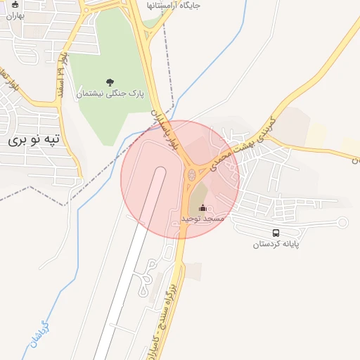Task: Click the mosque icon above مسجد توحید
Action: (x=204, y=208)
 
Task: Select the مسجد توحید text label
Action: (x=202, y=219)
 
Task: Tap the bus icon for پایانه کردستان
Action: (x=276, y=233)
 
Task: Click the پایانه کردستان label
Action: (x=277, y=245)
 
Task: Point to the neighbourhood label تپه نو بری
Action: (x=35, y=140)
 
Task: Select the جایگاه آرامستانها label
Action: (x=173, y=5)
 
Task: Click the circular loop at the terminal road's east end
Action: (x=342, y=223)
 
